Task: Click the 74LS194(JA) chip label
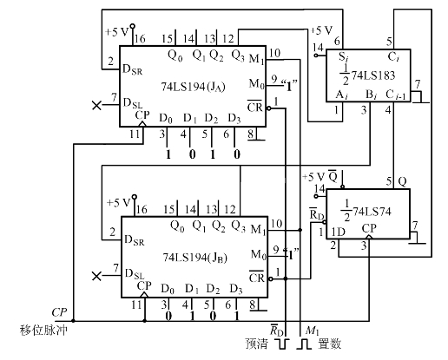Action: [x=193, y=87]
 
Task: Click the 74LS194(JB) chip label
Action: [x=194, y=258]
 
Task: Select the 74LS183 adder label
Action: [x=367, y=75]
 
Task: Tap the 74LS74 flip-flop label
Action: [x=366, y=212]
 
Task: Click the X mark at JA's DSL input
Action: [x=96, y=105]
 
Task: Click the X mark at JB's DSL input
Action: [x=96, y=276]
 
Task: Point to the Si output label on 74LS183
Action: [x=344, y=57]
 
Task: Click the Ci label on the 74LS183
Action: [x=393, y=56]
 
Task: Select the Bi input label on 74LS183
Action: [x=372, y=95]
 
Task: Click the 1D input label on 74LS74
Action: [x=338, y=232]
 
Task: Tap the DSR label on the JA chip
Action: [x=133, y=69]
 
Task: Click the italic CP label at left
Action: [x=59, y=312]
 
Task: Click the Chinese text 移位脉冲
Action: [x=43, y=330]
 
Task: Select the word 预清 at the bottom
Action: [x=257, y=344]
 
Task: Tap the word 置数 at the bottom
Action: [x=330, y=344]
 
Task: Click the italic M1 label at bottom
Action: [x=313, y=331]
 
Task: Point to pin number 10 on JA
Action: [x=274, y=53]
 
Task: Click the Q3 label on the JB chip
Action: [x=239, y=226]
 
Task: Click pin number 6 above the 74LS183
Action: [x=337, y=42]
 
